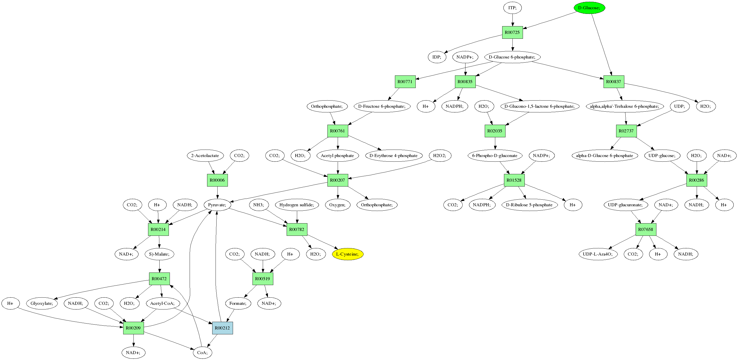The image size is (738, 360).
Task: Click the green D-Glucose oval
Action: point(589,8)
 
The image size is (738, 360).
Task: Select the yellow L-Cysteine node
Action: point(347,254)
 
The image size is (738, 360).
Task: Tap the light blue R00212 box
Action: point(222,328)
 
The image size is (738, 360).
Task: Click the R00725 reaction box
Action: point(512,32)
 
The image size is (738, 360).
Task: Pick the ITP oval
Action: point(512,8)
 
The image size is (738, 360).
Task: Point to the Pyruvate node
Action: point(217,205)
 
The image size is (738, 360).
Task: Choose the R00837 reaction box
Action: point(614,82)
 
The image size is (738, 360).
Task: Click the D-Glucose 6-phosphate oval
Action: point(512,57)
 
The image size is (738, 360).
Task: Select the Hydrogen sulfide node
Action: point(297,205)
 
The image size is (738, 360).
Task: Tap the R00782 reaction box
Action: point(297,229)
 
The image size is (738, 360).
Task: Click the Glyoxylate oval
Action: point(42,303)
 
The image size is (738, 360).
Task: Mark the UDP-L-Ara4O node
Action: point(598,254)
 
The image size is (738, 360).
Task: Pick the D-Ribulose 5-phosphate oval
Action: point(529,205)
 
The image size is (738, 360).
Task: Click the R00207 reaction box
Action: point(337,180)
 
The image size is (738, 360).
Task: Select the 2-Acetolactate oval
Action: point(205,155)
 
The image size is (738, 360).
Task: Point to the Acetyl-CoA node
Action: point(162,303)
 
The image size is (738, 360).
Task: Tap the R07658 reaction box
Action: point(646,229)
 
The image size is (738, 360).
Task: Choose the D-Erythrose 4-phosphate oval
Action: point(393,155)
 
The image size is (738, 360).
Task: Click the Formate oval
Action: point(238,303)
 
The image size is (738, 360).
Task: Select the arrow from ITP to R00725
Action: point(512,20)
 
